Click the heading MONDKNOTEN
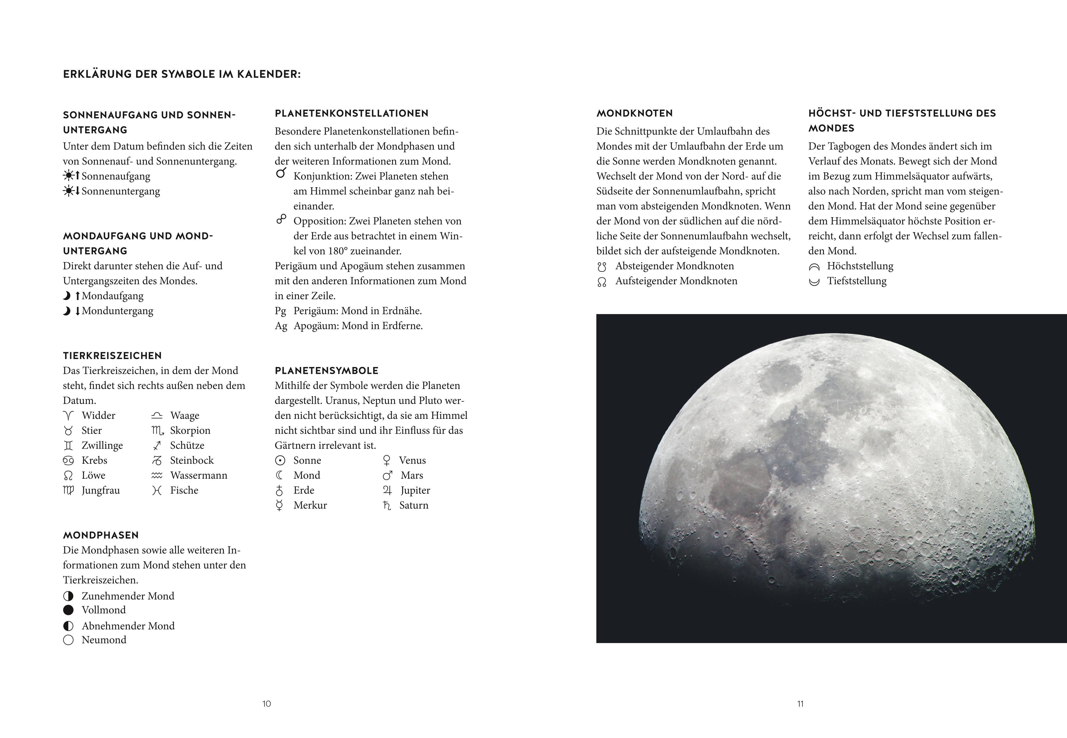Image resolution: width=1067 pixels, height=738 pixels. (x=634, y=113)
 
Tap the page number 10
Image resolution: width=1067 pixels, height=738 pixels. (x=267, y=704)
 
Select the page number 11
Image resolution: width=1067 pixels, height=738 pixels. (x=800, y=704)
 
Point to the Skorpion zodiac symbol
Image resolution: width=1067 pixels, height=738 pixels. (x=157, y=431)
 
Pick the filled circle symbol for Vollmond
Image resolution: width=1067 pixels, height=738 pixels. (x=68, y=610)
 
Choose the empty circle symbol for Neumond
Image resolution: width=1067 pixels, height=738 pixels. (x=68, y=640)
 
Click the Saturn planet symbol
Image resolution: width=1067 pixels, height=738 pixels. (x=387, y=505)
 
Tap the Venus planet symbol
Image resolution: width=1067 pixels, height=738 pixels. (x=387, y=461)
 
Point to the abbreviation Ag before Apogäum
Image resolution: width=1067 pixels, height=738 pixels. (x=280, y=326)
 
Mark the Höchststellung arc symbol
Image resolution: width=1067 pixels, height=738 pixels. (x=814, y=267)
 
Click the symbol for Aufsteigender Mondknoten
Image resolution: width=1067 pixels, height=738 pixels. (x=602, y=282)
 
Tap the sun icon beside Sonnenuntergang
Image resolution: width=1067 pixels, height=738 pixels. (x=68, y=191)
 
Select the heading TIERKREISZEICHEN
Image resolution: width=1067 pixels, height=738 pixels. (x=112, y=356)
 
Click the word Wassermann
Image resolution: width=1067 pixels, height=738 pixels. (x=199, y=475)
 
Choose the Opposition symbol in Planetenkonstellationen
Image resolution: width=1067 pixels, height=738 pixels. (x=281, y=219)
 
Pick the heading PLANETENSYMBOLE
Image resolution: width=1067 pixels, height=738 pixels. (x=326, y=370)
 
